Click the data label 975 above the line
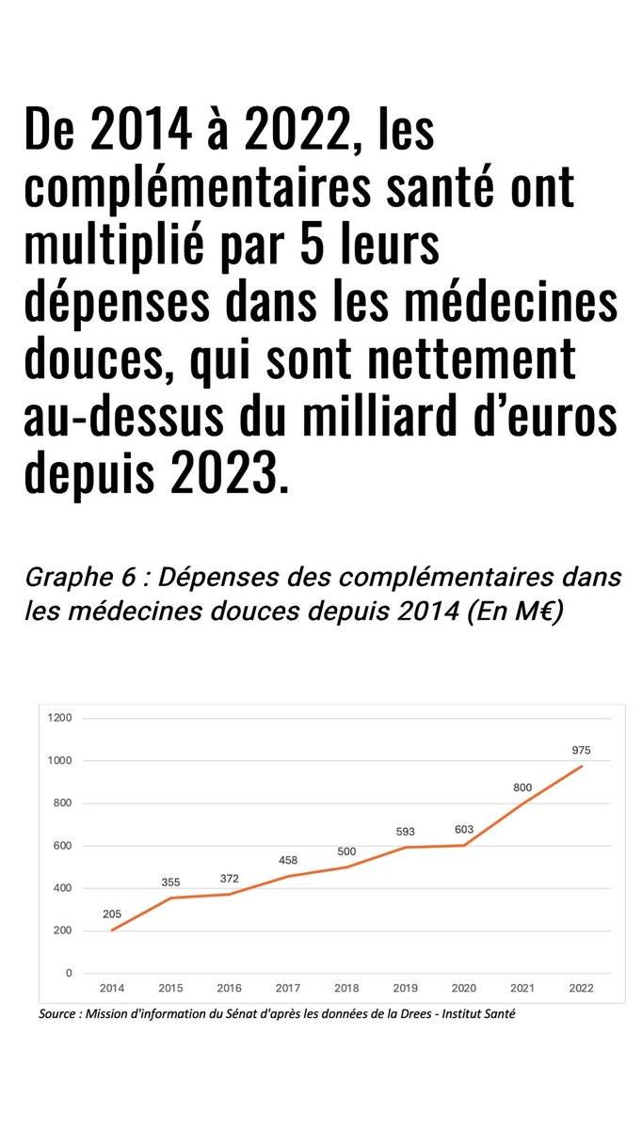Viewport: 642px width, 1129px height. point(581,751)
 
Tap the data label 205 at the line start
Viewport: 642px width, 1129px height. point(113,914)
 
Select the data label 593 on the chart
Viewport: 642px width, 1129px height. point(405,832)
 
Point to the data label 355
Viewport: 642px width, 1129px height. point(170,883)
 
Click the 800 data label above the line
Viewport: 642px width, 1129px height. point(522,787)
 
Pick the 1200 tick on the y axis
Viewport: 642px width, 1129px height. point(61,718)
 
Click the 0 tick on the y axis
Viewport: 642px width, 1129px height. point(69,973)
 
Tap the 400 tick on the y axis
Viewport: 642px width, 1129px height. point(63,888)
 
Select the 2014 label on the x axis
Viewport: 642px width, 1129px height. point(112,988)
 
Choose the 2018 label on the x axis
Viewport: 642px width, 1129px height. point(346,988)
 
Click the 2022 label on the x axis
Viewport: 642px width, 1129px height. point(581,988)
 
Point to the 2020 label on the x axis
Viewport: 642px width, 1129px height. point(464,988)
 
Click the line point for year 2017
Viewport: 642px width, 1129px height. point(288,876)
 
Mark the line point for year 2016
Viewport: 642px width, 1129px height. point(230,894)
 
